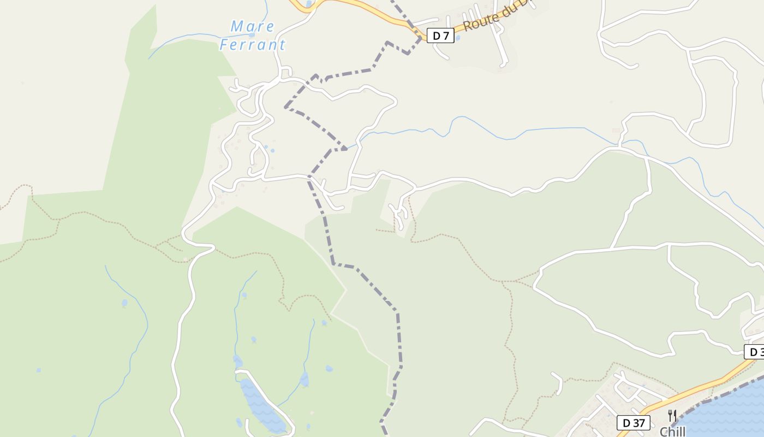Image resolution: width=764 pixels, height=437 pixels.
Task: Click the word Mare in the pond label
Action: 253,26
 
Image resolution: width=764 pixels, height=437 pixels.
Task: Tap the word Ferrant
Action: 253,45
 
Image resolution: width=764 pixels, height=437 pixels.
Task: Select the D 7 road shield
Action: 440,36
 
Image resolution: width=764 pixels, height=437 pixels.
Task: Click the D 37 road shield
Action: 634,422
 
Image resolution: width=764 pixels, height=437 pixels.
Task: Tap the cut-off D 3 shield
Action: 755,352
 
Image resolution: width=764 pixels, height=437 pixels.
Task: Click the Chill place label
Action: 672,432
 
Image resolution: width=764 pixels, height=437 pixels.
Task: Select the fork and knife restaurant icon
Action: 672,416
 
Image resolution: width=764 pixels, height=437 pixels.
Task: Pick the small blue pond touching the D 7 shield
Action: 457,37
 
